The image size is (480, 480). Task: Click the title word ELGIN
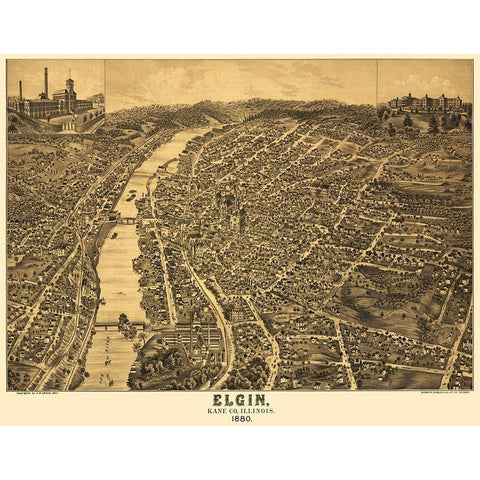[x=239, y=398]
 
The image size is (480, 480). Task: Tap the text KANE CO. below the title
[x=220, y=409]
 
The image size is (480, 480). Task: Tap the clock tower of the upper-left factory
[x=70, y=88]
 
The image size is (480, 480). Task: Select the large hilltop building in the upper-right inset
[x=425, y=102]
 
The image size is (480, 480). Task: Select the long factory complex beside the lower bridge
[x=190, y=335]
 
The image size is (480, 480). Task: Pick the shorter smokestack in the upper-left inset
[x=20, y=92]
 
